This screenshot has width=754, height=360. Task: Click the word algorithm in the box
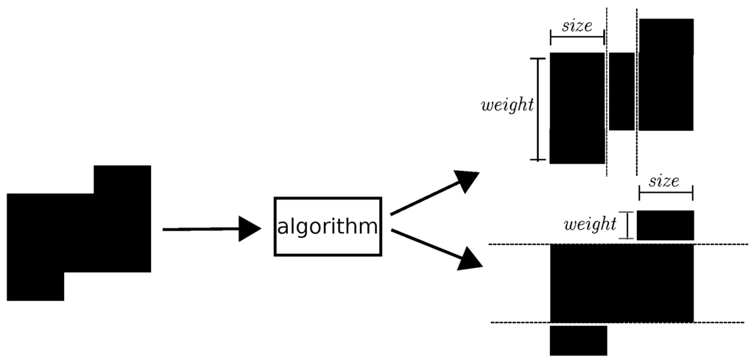tap(328, 227)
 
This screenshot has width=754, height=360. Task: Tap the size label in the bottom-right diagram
tap(664, 181)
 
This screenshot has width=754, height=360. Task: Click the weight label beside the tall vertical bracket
tap(507, 105)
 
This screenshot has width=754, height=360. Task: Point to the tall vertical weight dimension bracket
tap(539, 108)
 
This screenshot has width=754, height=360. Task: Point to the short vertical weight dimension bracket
tap(626, 225)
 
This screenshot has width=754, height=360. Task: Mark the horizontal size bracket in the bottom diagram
tap(666, 193)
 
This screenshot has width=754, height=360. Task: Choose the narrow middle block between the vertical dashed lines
tap(621, 91)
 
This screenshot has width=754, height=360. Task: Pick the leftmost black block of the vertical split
tap(577, 107)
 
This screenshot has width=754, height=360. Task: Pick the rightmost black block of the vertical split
tap(666, 74)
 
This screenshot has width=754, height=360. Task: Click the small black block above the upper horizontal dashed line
tap(666, 225)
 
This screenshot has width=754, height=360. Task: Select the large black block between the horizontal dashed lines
tap(622, 283)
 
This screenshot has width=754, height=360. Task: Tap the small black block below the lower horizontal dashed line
tap(579, 340)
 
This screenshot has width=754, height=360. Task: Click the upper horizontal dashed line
tap(515, 244)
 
